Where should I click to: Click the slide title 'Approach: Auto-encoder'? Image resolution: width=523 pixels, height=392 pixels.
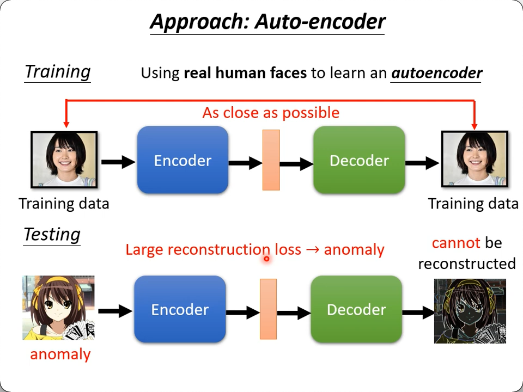coord(267,22)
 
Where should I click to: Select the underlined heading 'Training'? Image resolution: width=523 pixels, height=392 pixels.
coord(58,72)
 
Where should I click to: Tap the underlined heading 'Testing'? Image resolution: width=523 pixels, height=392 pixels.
coord(52,235)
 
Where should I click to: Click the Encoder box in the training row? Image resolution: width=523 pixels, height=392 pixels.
coord(183,160)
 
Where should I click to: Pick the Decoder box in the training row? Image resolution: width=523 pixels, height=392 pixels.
coord(359,160)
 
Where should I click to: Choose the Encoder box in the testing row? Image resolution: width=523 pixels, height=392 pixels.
coord(180,309)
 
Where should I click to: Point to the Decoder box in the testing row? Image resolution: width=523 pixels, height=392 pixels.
coord(356,309)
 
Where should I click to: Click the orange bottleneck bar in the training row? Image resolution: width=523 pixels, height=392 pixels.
coord(271,160)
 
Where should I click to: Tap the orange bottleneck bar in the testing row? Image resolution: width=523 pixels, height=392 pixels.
coord(268,309)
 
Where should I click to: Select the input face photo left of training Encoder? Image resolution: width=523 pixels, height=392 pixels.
coord(64,160)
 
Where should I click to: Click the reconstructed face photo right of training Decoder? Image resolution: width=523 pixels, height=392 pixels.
coord(474,160)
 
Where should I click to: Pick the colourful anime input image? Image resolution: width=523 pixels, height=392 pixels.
coord(58,308)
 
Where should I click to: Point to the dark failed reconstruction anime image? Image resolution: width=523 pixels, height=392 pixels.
coord(470,311)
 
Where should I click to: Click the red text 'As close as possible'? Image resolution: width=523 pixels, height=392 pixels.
coord(271,113)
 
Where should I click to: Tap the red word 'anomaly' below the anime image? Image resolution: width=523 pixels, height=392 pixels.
coord(60,354)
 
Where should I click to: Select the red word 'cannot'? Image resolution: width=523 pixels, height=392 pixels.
coord(456,243)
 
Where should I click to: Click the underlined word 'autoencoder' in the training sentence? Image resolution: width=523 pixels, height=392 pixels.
coord(436,73)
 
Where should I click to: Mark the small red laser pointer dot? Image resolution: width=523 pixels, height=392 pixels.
coord(266,259)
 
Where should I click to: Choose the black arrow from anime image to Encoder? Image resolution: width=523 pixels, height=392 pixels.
coord(115,311)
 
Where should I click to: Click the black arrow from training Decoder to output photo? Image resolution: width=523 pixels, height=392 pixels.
coord(422,162)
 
